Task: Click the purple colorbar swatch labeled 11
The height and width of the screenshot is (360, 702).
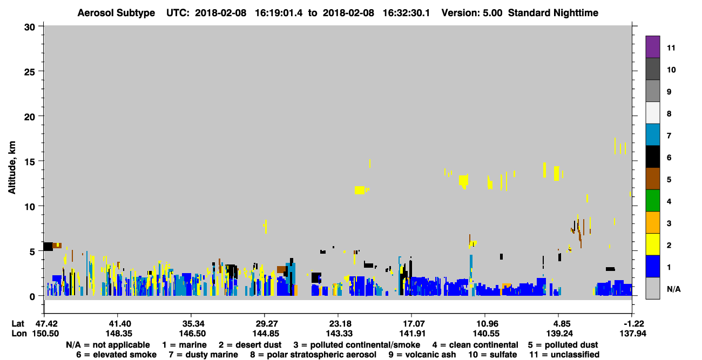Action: (652, 47)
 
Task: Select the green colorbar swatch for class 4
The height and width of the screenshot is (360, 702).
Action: (652, 201)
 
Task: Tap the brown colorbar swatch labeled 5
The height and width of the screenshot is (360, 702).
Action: (652, 179)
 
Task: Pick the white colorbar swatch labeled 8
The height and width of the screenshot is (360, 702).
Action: (652, 113)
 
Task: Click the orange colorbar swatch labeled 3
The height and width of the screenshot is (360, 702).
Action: (652, 222)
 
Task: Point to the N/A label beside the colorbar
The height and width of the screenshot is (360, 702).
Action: (673, 289)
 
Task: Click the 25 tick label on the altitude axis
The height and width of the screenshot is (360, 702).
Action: (30, 72)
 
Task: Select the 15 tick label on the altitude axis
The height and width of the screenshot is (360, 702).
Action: (30, 162)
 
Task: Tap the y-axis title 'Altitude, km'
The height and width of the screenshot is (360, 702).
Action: (11, 168)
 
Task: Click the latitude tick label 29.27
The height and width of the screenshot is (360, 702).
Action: (265, 323)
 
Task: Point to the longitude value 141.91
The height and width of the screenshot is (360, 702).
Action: (412, 334)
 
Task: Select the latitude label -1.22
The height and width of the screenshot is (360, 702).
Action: (632, 323)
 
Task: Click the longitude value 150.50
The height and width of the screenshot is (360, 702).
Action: (45, 334)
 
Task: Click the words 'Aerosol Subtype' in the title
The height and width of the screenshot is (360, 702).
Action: (116, 13)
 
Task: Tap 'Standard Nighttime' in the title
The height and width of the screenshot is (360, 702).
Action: (553, 13)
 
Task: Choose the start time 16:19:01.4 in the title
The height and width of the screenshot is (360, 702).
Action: (279, 13)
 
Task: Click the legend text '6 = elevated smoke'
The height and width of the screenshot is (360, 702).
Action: (116, 355)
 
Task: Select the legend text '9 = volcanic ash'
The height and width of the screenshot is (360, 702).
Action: (422, 355)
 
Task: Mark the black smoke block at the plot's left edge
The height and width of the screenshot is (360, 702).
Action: (48, 247)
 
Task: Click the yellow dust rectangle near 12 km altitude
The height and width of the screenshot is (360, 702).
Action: (360, 190)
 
